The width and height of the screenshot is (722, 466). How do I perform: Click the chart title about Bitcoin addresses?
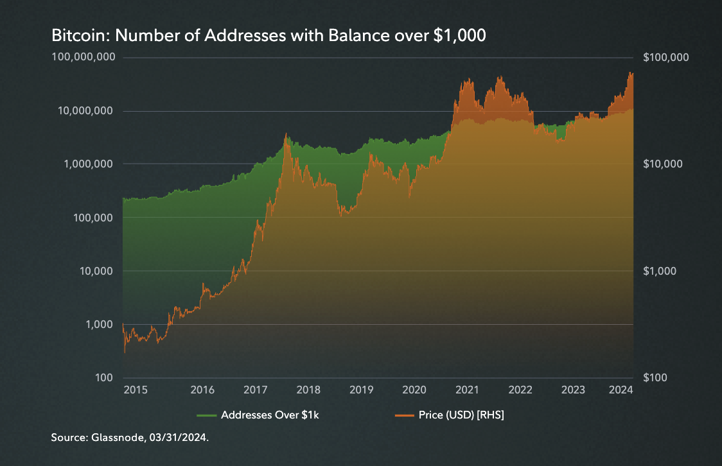click(x=269, y=37)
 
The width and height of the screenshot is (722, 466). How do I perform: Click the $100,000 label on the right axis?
click(x=665, y=57)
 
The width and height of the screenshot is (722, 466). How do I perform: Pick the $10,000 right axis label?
click(x=663, y=164)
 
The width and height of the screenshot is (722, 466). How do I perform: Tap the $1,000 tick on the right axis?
click(x=660, y=271)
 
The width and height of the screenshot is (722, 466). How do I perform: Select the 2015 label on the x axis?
click(x=136, y=390)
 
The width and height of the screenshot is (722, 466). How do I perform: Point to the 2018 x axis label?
click(x=308, y=390)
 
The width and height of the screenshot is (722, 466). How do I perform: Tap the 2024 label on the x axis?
click(x=621, y=390)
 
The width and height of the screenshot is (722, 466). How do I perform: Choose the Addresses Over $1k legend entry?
click(x=270, y=415)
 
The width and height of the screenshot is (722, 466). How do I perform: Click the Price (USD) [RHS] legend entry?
click(x=458, y=415)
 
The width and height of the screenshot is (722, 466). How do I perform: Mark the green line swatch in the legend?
click(x=207, y=415)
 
